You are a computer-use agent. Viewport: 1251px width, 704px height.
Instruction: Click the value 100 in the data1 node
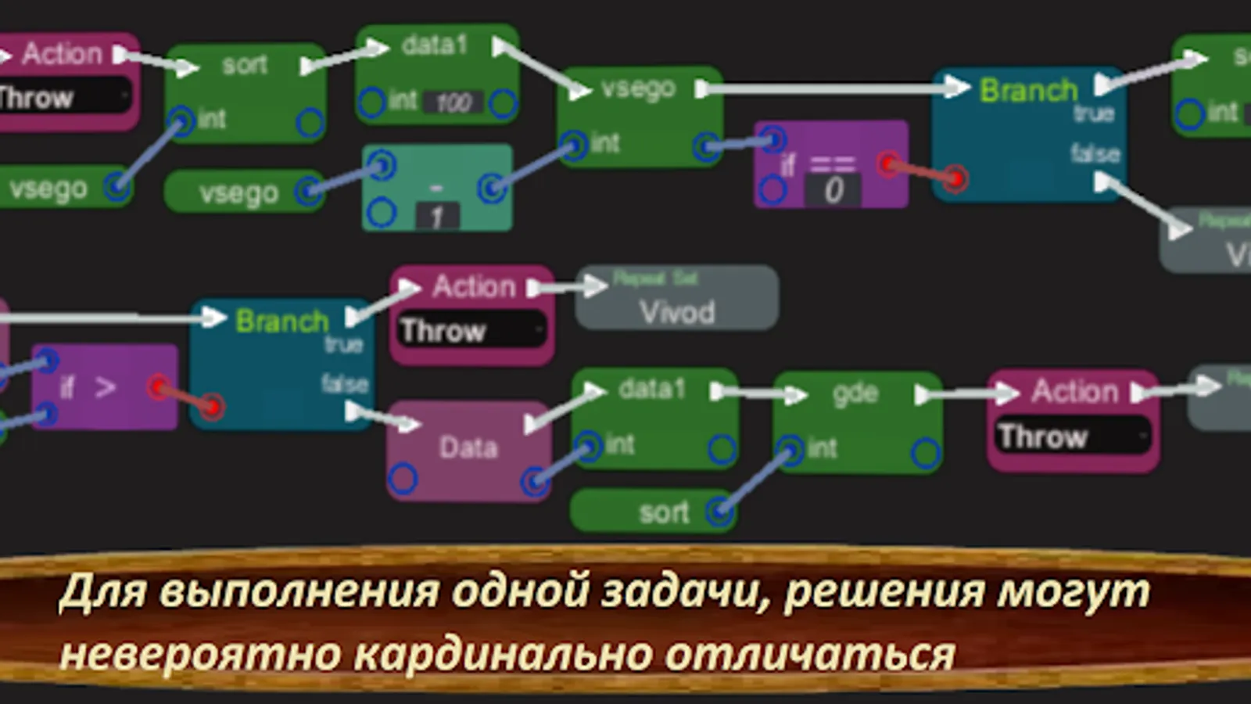[453, 102]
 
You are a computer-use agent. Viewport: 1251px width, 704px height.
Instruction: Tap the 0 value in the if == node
[833, 190]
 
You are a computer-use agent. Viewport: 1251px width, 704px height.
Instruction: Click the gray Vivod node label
[677, 312]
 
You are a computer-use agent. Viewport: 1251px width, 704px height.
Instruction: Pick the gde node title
[855, 393]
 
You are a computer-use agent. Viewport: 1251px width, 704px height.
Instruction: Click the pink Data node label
[468, 447]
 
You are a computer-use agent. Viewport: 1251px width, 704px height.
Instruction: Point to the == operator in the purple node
[832, 163]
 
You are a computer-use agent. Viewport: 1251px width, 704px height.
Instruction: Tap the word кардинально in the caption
[503, 654]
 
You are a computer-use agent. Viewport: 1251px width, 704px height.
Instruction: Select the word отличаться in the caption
[810, 654]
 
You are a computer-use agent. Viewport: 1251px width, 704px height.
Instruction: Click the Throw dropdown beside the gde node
[1073, 436]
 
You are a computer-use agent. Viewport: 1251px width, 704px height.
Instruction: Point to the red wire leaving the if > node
[185, 396]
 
